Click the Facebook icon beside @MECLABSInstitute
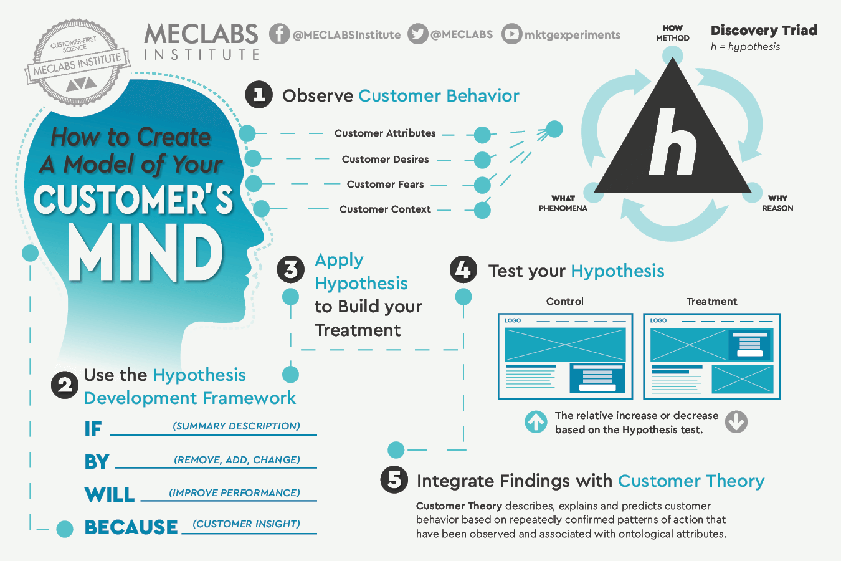pyautogui.click(x=279, y=34)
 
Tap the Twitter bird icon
pyautogui.click(x=418, y=34)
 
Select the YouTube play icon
pyautogui.click(x=511, y=34)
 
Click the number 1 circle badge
pyautogui.click(x=259, y=95)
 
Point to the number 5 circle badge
pyautogui.click(x=394, y=480)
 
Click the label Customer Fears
pyautogui.click(x=385, y=184)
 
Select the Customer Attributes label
pyautogui.click(x=385, y=133)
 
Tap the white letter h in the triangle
pyautogui.click(x=672, y=141)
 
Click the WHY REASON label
pyautogui.click(x=777, y=203)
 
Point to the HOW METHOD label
pyautogui.click(x=673, y=33)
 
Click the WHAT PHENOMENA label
pyautogui.click(x=563, y=203)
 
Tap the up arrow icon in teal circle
pyautogui.click(x=536, y=421)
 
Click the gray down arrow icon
pyautogui.click(x=736, y=421)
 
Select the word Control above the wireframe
pyautogui.click(x=565, y=301)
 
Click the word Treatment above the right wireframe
pyautogui.click(x=712, y=301)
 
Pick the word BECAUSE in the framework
pyautogui.click(x=131, y=527)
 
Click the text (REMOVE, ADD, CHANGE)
pyautogui.click(x=237, y=459)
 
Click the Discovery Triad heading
pyautogui.click(x=764, y=30)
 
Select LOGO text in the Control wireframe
pyautogui.click(x=513, y=320)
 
